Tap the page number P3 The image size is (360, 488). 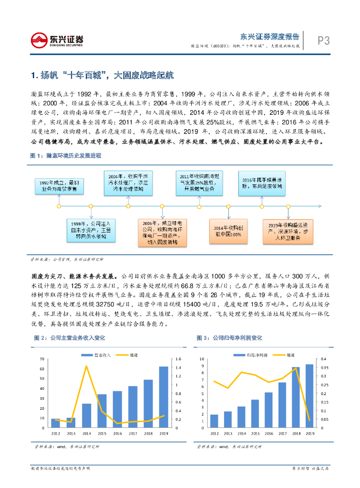tap(324, 41)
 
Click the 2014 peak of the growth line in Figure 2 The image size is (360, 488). tap(86, 366)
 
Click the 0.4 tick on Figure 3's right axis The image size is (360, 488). tap(324, 359)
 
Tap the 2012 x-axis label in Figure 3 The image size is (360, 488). tap(215, 433)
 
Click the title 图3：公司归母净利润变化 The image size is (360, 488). tap(229, 338)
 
